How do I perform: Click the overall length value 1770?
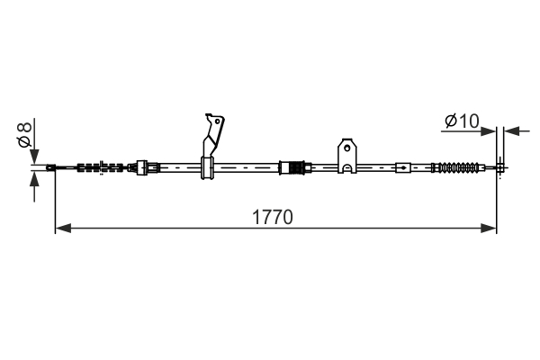273,217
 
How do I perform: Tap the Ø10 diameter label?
462,121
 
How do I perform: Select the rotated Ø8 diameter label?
25,134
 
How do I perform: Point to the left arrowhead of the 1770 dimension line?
63,228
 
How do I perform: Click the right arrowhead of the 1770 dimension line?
489,228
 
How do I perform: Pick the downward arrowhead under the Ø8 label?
34,157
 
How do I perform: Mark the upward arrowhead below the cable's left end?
34,179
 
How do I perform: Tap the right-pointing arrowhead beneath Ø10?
488,131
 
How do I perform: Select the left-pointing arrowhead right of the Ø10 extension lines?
511,131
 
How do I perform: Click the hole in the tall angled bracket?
217,121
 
